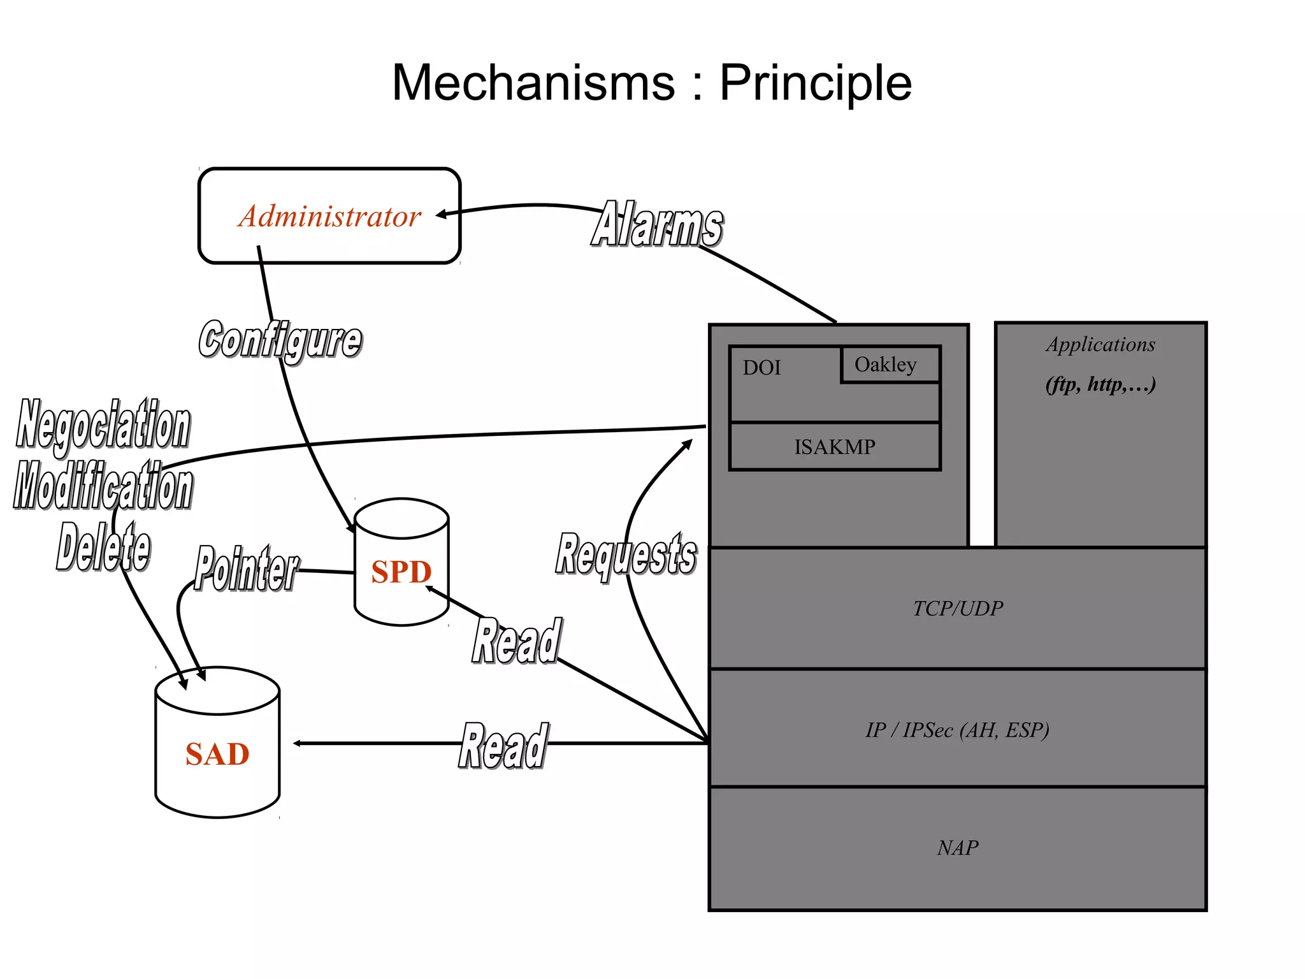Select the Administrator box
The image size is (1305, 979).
329,216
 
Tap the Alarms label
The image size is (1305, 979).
657,224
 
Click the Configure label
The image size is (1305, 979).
280,340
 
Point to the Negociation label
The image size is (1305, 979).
104,424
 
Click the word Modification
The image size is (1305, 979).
104,486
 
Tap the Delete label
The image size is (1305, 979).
104,547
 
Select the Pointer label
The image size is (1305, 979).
246,569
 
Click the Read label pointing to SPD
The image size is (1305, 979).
517,641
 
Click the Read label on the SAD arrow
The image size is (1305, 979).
503,745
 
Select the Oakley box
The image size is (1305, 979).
890,365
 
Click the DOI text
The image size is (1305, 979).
761,368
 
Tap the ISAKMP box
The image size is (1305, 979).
834,447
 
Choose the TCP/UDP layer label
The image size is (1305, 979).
957,609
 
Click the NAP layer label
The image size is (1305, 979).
957,848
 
